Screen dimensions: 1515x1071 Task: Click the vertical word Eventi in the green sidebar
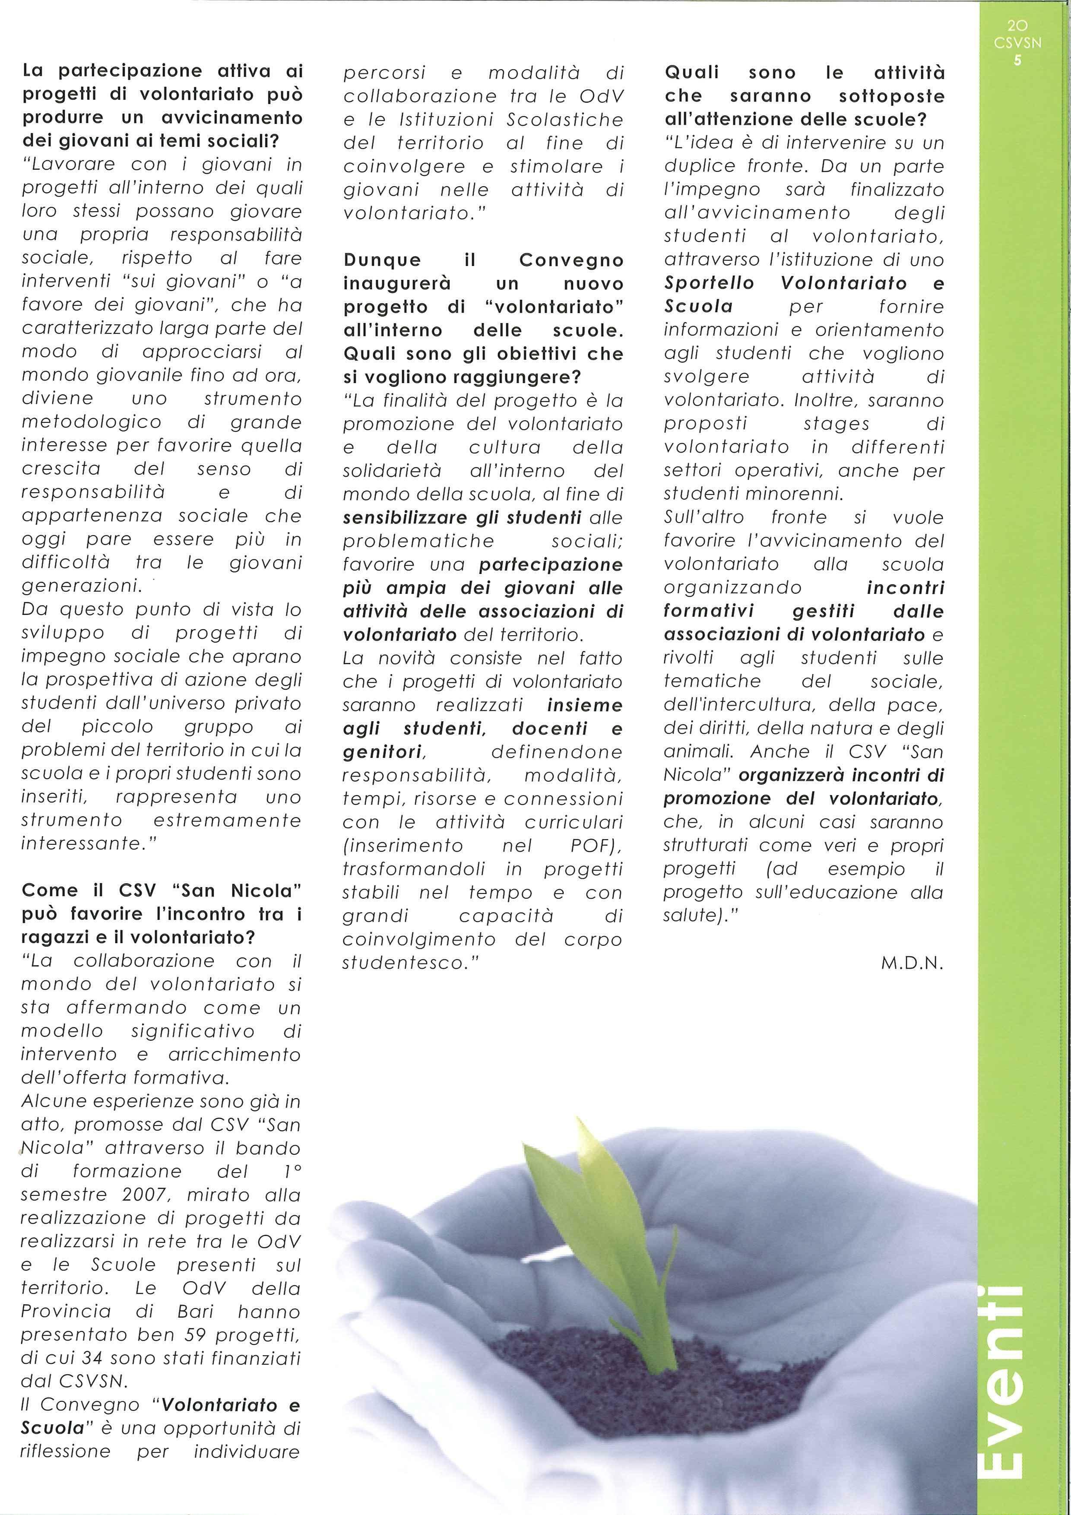1009,1383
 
